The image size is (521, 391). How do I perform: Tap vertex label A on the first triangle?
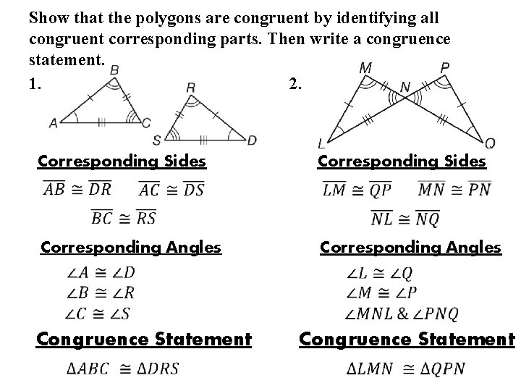pyautogui.click(x=53, y=123)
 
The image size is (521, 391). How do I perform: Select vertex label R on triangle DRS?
pyautogui.click(x=190, y=87)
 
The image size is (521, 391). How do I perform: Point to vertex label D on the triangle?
pyautogui.click(x=251, y=139)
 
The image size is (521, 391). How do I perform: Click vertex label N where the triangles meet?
pyautogui.click(x=404, y=87)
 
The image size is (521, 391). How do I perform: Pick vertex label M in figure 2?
pyautogui.click(x=365, y=68)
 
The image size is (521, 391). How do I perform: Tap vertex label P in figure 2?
pyautogui.click(x=444, y=67)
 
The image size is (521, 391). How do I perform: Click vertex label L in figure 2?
pyautogui.click(x=321, y=142)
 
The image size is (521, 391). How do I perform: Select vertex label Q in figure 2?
pyautogui.click(x=490, y=142)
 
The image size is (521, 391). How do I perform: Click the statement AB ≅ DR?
pyautogui.click(x=77, y=190)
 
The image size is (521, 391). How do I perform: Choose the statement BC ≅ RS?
pyautogui.click(x=123, y=216)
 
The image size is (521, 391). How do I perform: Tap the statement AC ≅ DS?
pyautogui.click(x=170, y=190)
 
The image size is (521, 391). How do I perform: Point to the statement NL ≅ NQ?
pyautogui.click(x=404, y=218)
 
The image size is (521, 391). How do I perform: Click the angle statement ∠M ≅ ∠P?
pyautogui.click(x=381, y=293)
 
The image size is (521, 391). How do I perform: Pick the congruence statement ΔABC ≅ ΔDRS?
pyautogui.click(x=122, y=369)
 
